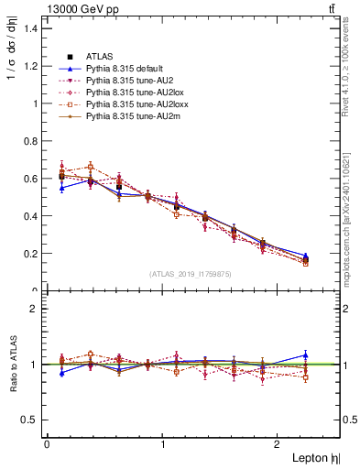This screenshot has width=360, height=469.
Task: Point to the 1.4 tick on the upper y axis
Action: pos(31,28)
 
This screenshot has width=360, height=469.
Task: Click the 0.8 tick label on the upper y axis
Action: pos(31,141)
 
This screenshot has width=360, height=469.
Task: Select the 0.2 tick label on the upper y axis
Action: pos(31,254)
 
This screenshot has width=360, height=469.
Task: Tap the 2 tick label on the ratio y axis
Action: pos(35,309)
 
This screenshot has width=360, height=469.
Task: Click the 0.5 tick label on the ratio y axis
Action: pos(31,420)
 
